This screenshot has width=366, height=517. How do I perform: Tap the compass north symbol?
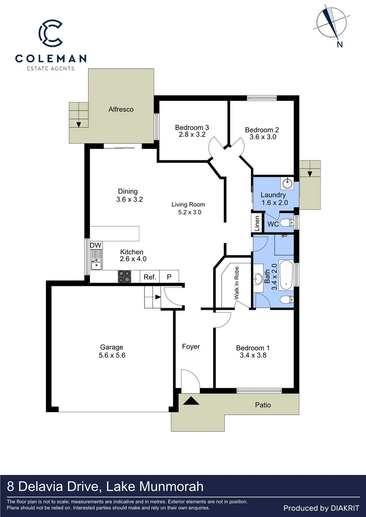[x=330, y=22]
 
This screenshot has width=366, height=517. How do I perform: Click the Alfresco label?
[x=121, y=109]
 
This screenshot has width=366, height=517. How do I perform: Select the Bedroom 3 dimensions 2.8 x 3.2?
[x=192, y=135]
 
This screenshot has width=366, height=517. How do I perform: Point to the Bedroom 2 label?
[x=262, y=130]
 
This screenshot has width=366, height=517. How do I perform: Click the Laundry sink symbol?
[x=288, y=182]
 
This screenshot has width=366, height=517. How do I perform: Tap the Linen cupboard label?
[x=257, y=223]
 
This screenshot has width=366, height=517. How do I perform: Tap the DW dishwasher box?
[x=96, y=246]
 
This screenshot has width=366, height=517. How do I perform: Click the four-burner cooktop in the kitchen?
[x=125, y=276]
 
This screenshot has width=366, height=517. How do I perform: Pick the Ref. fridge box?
[x=149, y=277]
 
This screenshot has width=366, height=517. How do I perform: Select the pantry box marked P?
[x=169, y=277]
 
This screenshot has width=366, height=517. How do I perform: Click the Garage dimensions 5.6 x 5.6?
[x=112, y=355]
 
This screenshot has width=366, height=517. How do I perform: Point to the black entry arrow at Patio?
[x=191, y=401]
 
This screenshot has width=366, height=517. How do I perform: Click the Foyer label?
[x=191, y=347]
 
